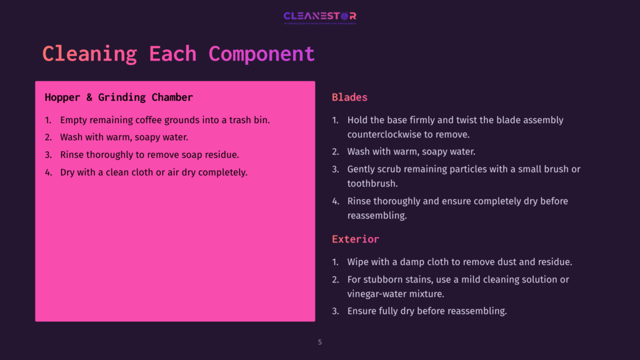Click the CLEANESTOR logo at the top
319,16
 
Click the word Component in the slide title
261,54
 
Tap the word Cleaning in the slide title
89,54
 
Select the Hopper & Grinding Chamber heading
119,97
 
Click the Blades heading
349,97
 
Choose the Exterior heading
355,239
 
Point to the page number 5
320,342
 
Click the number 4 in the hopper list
47,172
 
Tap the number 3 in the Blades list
335,169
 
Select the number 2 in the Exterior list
335,279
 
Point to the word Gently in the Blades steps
362,169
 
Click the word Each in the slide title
172,54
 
